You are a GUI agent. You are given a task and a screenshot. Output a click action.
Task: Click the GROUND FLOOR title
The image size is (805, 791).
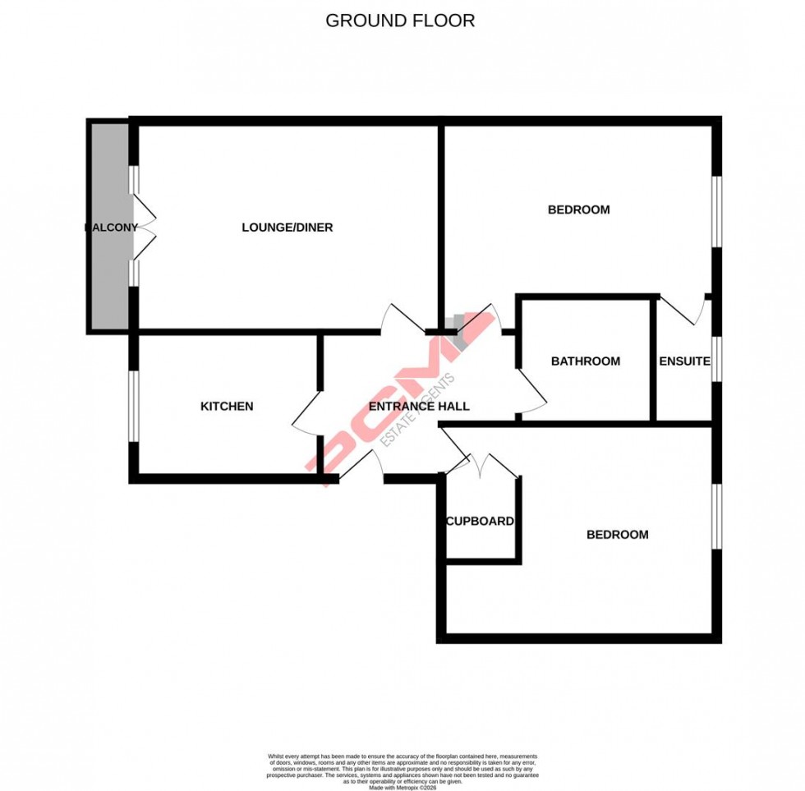400,21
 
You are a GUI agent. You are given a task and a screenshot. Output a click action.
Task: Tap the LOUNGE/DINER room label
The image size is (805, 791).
287,228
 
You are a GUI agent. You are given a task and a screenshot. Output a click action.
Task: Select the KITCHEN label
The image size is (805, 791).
227,407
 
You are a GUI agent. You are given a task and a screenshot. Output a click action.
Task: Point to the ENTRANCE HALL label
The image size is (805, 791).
419,407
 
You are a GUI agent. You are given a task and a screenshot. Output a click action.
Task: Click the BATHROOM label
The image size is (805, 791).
586,361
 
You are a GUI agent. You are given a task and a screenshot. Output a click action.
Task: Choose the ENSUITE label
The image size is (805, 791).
684,361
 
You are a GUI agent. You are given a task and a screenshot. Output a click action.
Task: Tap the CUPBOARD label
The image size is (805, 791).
480,522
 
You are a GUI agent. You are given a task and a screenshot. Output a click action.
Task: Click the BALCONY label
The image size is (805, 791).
110,228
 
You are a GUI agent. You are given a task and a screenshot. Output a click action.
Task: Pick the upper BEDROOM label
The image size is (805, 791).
579,209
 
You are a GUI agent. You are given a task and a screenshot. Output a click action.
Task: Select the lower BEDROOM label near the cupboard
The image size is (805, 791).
617,535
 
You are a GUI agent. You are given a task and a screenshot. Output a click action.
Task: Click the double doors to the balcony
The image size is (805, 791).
143,226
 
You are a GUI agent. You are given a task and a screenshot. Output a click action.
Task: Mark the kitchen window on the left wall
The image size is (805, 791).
133,407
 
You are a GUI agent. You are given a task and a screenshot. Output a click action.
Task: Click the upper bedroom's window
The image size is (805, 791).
716,211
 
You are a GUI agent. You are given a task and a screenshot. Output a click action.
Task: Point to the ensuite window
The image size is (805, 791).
716,359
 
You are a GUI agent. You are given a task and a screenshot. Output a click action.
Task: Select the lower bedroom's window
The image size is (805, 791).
716,515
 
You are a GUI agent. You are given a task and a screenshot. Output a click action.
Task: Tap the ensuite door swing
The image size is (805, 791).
686,310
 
